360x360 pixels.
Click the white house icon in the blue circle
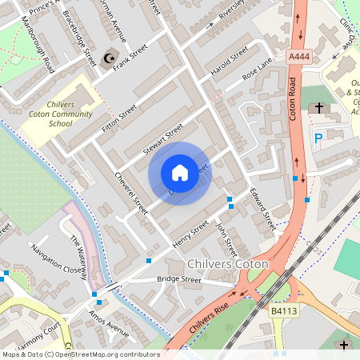pyautogui.click(x=179, y=173)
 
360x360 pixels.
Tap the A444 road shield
pyautogui.click(x=298, y=56)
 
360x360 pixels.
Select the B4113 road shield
pyautogui.click(x=283, y=310)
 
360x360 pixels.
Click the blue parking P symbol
pyautogui.click(x=318, y=138)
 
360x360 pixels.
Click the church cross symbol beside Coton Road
pyautogui.click(x=318, y=107)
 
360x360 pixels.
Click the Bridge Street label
pyautogui.click(x=178, y=280)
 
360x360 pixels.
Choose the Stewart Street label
pyautogui.click(x=163, y=141)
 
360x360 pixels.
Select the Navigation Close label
pyautogui.click(x=57, y=258)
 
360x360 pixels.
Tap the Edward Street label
pyautogui.click(x=262, y=210)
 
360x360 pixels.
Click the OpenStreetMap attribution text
pyautogui.click(x=80, y=354)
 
